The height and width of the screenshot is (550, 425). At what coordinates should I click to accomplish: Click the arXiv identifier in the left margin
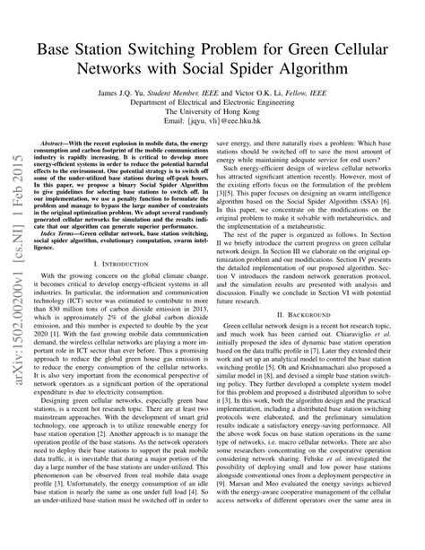coord(16,269)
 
